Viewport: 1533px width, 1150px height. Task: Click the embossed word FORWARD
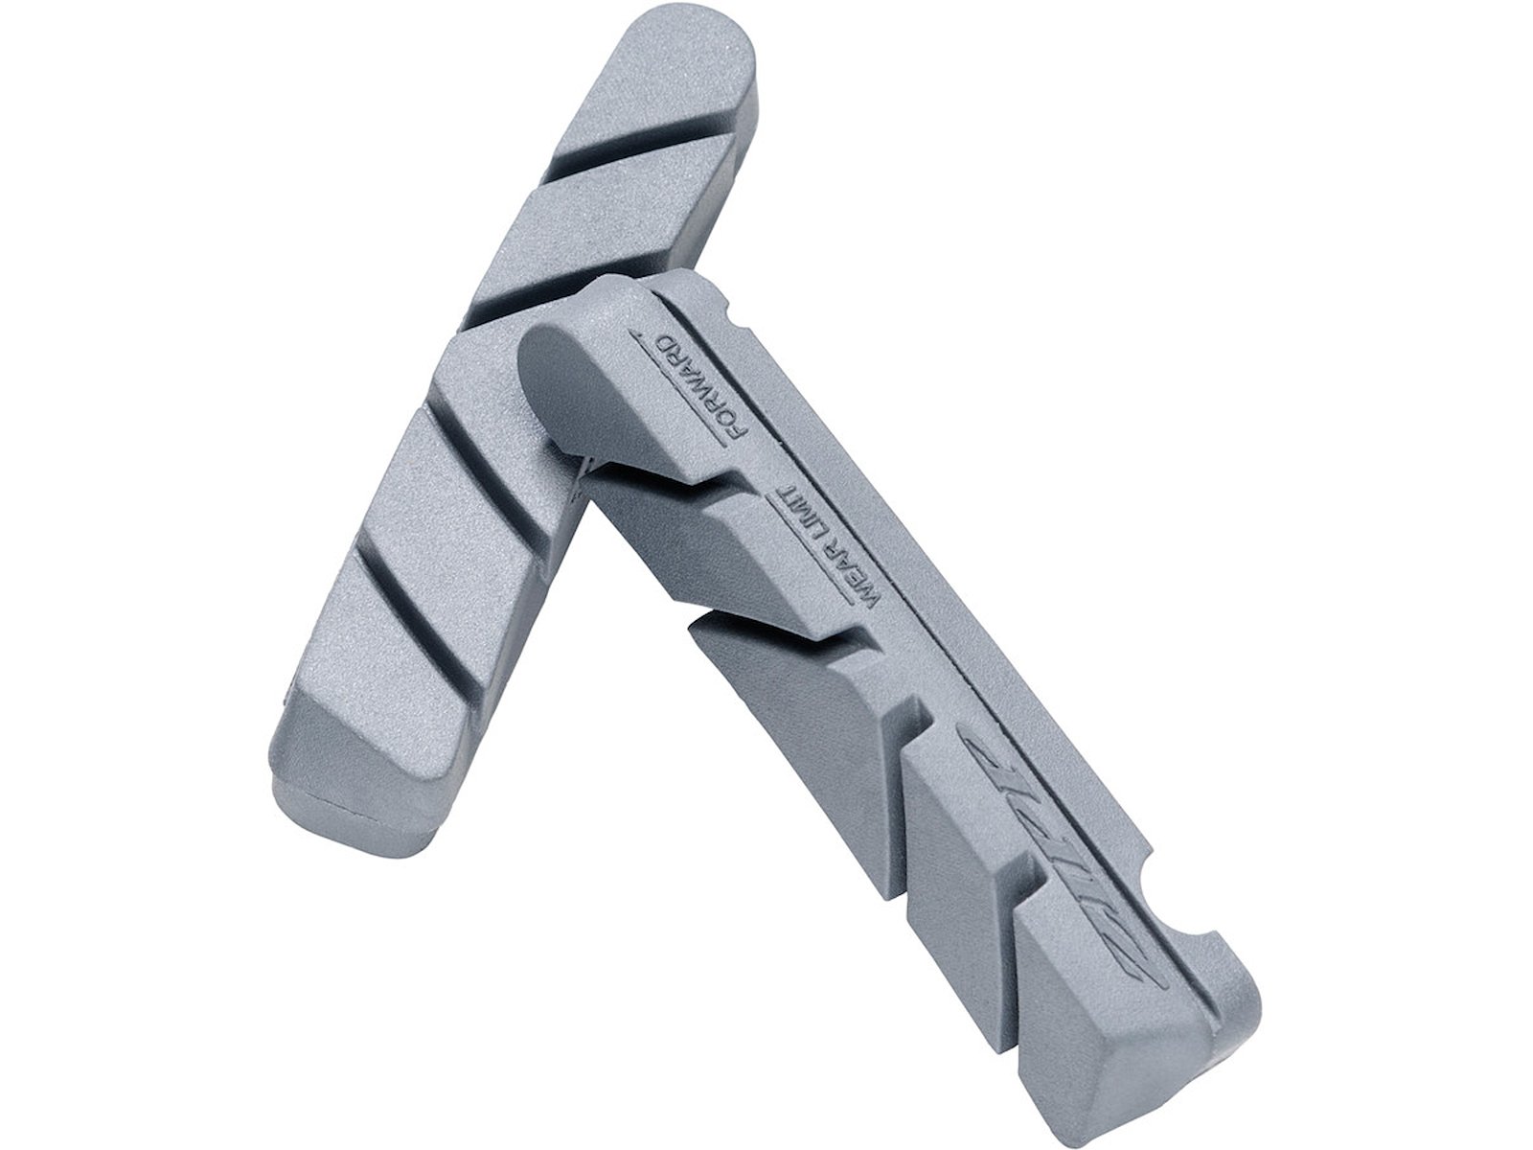coord(702,386)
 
